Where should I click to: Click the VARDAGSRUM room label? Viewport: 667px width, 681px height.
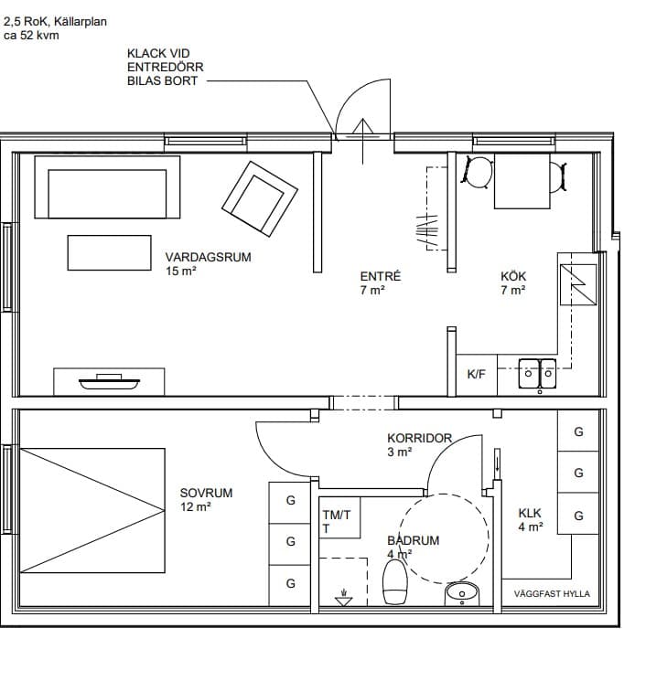[208, 257]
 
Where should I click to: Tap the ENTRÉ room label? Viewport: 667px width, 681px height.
[381, 276]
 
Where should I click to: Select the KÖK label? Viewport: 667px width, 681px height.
[513, 276]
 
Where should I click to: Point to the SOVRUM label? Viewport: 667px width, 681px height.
[206, 493]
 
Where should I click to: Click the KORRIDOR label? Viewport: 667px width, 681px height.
[420, 438]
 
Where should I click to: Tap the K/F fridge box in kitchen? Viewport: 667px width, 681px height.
[476, 375]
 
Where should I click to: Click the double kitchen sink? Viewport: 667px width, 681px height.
[537, 373]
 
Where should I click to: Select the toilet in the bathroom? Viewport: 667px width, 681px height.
[395, 582]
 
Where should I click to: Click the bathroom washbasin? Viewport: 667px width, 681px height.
[462, 594]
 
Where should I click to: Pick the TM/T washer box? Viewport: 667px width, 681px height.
[339, 517]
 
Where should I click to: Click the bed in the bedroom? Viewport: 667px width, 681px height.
[92, 510]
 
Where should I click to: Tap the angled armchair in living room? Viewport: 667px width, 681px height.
[260, 199]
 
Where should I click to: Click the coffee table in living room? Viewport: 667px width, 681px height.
[109, 253]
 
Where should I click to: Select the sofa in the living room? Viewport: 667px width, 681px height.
[107, 187]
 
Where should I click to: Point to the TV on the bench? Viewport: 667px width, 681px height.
[109, 382]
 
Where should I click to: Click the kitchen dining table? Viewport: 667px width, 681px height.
[522, 181]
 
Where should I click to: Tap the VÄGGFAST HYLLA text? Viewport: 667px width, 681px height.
[552, 593]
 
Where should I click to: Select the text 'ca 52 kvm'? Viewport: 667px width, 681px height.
[31, 36]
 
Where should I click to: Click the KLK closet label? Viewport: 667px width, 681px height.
[530, 514]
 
